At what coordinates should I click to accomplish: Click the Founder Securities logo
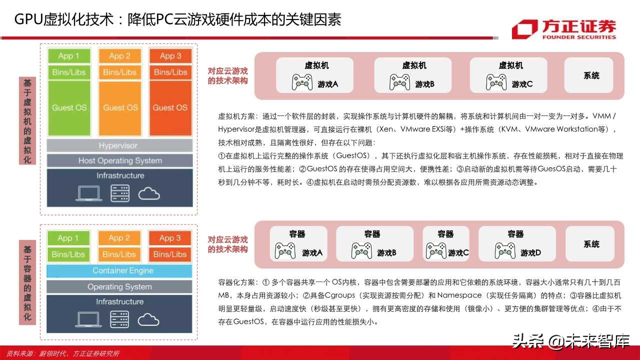[563, 29]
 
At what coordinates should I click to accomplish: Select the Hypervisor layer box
[119, 145]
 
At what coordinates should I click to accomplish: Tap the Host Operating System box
[119, 160]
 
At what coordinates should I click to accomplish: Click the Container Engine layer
[119, 270]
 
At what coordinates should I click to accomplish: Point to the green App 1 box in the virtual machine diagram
[69, 55]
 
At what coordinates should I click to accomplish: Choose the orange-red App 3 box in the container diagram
[170, 238]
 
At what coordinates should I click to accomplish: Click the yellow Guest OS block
[120, 107]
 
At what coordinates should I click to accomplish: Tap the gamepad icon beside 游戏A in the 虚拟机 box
[302, 82]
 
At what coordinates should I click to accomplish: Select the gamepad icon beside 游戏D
[505, 250]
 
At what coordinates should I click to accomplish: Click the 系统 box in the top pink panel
[591, 75]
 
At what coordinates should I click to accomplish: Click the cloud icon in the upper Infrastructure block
[149, 193]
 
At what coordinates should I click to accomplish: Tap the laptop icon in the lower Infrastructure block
[90, 319]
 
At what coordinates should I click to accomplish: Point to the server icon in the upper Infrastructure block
[120, 193]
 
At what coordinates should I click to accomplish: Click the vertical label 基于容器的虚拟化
[27, 282]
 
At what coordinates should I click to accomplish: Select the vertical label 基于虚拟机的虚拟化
[27, 120]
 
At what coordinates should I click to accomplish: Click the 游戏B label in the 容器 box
[386, 253]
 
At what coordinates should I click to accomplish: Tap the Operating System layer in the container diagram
[119, 286]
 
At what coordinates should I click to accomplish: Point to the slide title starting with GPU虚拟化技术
[177, 19]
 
